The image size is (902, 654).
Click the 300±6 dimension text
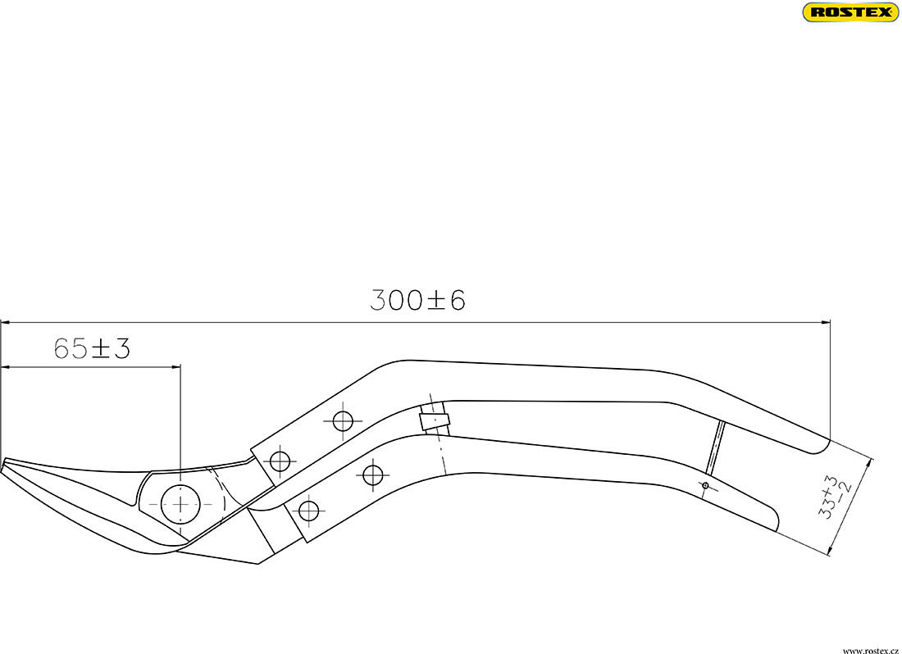click(x=417, y=300)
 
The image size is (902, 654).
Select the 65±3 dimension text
click(x=92, y=348)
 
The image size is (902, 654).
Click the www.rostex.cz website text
click(x=870, y=648)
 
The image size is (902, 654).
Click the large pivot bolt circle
click(x=180, y=503)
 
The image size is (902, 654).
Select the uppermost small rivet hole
click(x=342, y=421)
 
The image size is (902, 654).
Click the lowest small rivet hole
click(x=307, y=511)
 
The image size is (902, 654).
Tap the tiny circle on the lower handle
click(x=704, y=486)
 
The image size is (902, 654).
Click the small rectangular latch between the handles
click(x=435, y=420)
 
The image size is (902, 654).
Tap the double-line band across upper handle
click(x=715, y=447)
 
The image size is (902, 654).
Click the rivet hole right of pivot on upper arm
click(x=280, y=461)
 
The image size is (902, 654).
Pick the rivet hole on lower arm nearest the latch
click(x=373, y=474)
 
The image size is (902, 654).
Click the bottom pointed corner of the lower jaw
click(x=258, y=564)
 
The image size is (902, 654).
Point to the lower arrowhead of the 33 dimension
click(x=831, y=552)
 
